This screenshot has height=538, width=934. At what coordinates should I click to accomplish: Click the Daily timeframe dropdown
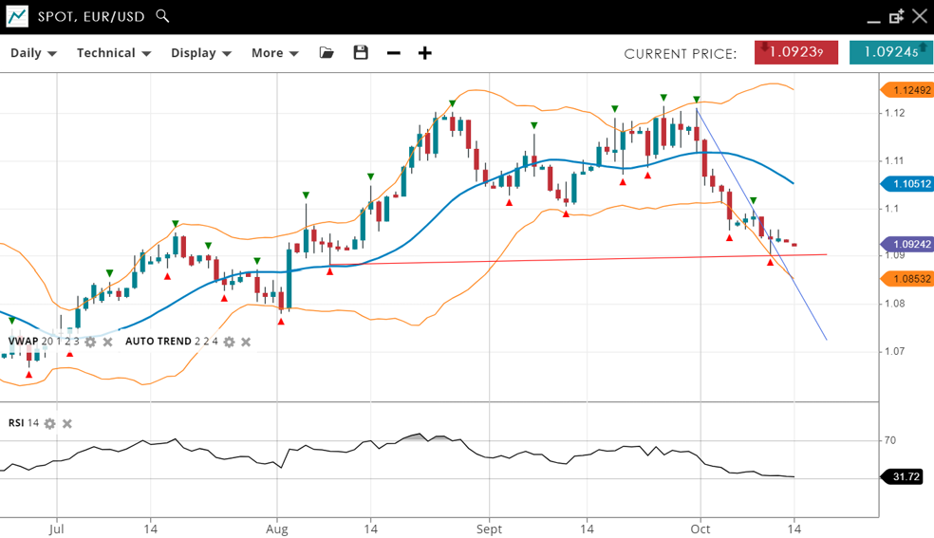pos(33,53)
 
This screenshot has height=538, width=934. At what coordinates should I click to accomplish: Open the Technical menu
pos(114,53)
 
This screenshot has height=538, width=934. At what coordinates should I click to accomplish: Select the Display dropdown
pos(201,53)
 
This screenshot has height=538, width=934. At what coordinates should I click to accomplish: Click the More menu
pos(274,53)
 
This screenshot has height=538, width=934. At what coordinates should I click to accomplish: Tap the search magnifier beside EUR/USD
pos(162,16)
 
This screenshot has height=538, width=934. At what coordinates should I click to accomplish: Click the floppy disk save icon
pos(361,53)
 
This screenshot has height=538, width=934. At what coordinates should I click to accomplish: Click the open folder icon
pos(327,53)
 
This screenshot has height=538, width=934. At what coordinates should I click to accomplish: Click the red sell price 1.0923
pos(795,53)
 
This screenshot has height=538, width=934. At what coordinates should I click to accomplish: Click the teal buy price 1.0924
pos(890,53)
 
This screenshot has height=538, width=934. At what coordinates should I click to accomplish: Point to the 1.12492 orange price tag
pos(907,90)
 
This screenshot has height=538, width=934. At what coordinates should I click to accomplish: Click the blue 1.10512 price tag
pos(907,184)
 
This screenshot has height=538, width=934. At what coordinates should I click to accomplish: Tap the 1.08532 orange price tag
pos(907,279)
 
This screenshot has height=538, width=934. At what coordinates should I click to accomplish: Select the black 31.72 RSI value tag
pos(906,476)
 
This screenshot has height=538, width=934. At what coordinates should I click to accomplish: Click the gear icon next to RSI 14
pos(50,423)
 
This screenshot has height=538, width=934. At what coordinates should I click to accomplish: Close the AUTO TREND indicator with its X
pos(246,342)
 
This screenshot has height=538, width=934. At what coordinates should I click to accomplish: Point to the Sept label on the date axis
pos(489,529)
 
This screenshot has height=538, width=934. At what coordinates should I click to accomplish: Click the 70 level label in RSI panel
pos(889,440)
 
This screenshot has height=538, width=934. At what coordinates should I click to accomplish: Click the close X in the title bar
pos(919,16)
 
